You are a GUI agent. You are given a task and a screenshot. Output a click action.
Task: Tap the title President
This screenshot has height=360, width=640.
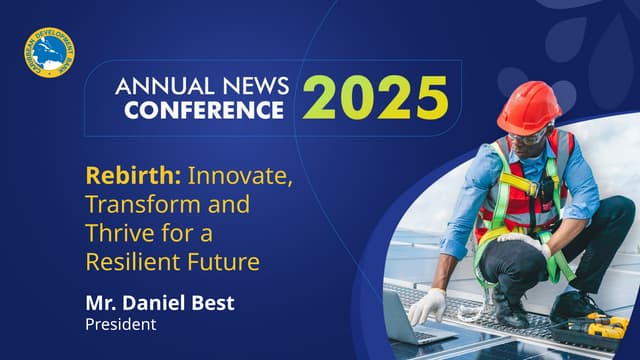pyautogui.click(x=121, y=324)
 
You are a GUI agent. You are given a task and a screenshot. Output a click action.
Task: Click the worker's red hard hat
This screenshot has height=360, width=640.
pyautogui.click(x=528, y=106)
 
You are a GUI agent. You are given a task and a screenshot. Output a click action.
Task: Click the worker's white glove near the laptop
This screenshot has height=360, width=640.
pyautogui.click(x=428, y=303)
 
